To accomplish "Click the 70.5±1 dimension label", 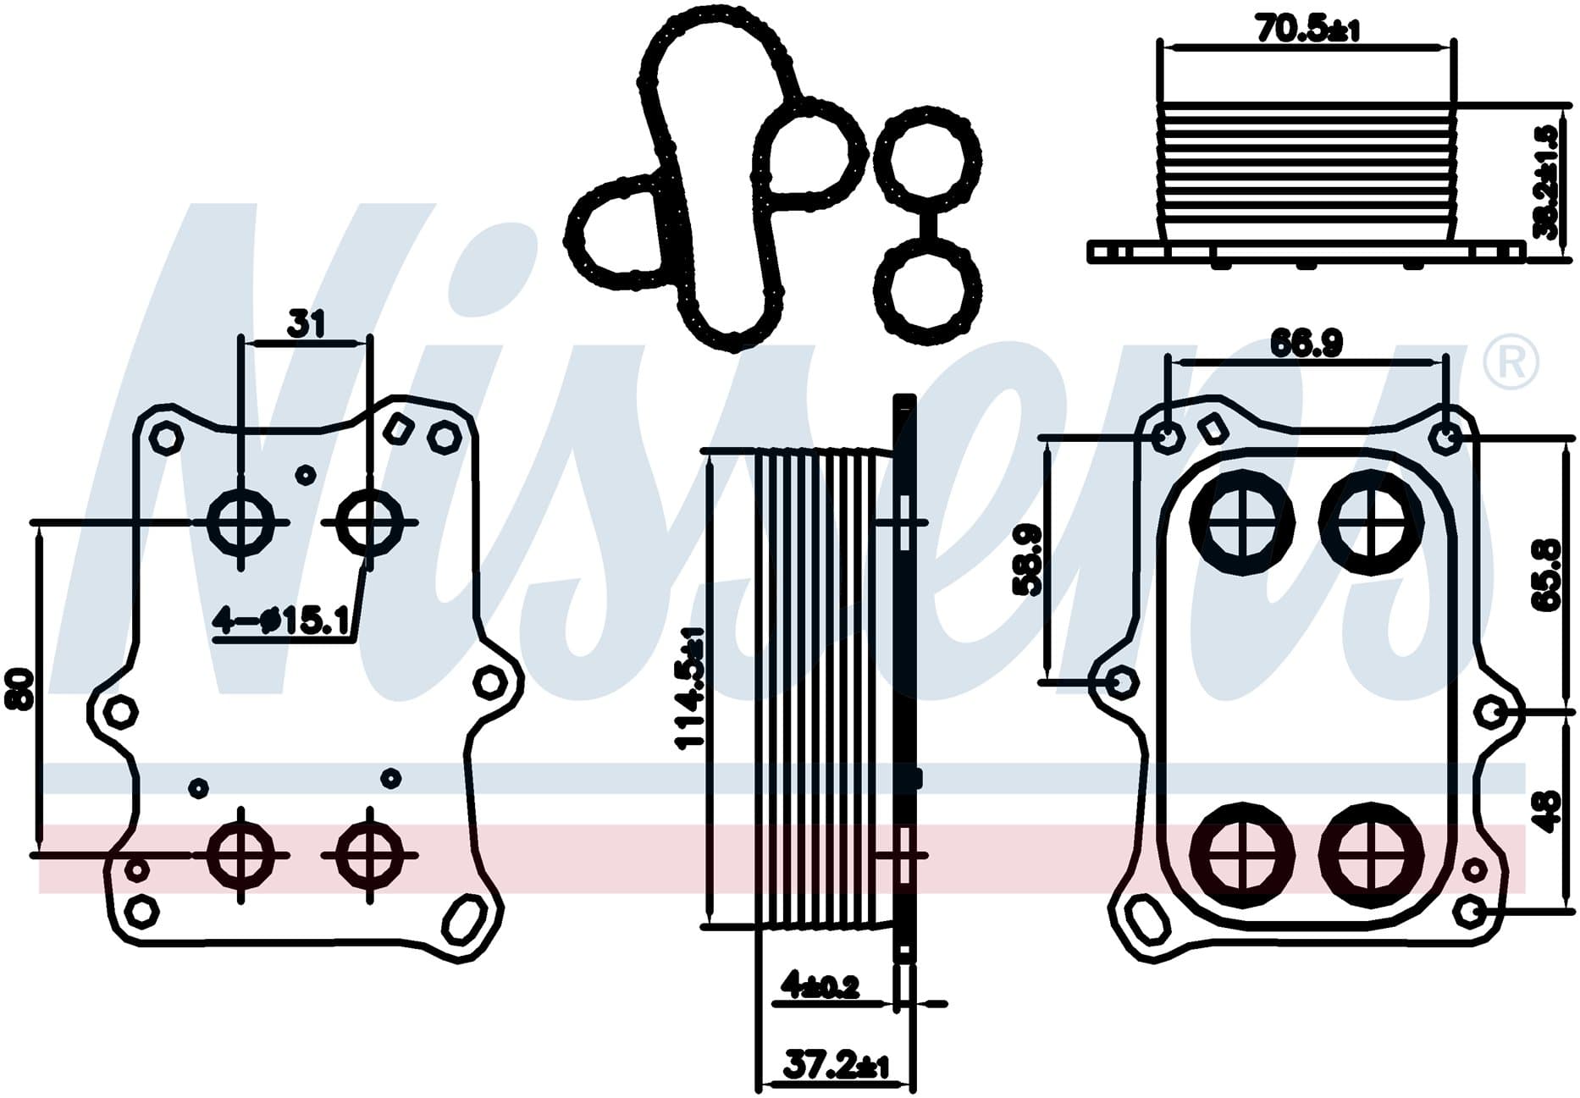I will pyautogui.click(x=1307, y=29).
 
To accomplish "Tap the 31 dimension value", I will pyautogui.click(x=307, y=323).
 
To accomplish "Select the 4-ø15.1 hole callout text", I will pyautogui.click(x=281, y=622).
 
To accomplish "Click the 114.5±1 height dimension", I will pyautogui.click(x=690, y=688).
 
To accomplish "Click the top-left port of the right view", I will pyautogui.click(x=1242, y=521).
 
